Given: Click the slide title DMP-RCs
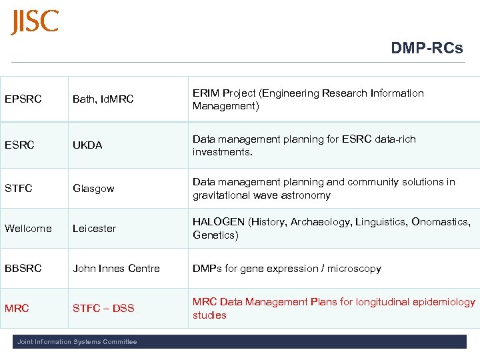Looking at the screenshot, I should pyautogui.click(x=427, y=48).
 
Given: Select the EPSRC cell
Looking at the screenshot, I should pyautogui.click(x=23, y=99).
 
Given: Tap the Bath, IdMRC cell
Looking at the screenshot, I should pyautogui.click(x=103, y=99).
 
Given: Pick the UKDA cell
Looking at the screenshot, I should pyautogui.click(x=87, y=145).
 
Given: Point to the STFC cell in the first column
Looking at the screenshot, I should pyautogui.click(x=19, y=189).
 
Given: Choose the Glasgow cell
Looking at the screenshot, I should pyautogui.click(x=93, y=189).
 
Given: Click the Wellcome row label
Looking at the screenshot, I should pyautogui.click(x=28, y=229).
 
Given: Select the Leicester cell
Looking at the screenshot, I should pyautogui.click(x=94, y=229).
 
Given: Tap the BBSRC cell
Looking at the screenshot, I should pyautogui.click(x=23, y=269).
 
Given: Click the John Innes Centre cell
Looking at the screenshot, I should pyautogui.click(x=116, y=269).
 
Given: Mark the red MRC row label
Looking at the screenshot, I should pyautogui.click(x=17, y=309).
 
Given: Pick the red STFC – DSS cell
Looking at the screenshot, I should pyautogui.click(x=103, y=309).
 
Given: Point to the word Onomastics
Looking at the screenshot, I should pyautogui.click(x=439, y=222).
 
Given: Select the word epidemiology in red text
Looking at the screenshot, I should pyautogui.click(x=444, y=302).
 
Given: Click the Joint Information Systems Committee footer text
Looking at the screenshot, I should pyautogui.click(x=77, y=342).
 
